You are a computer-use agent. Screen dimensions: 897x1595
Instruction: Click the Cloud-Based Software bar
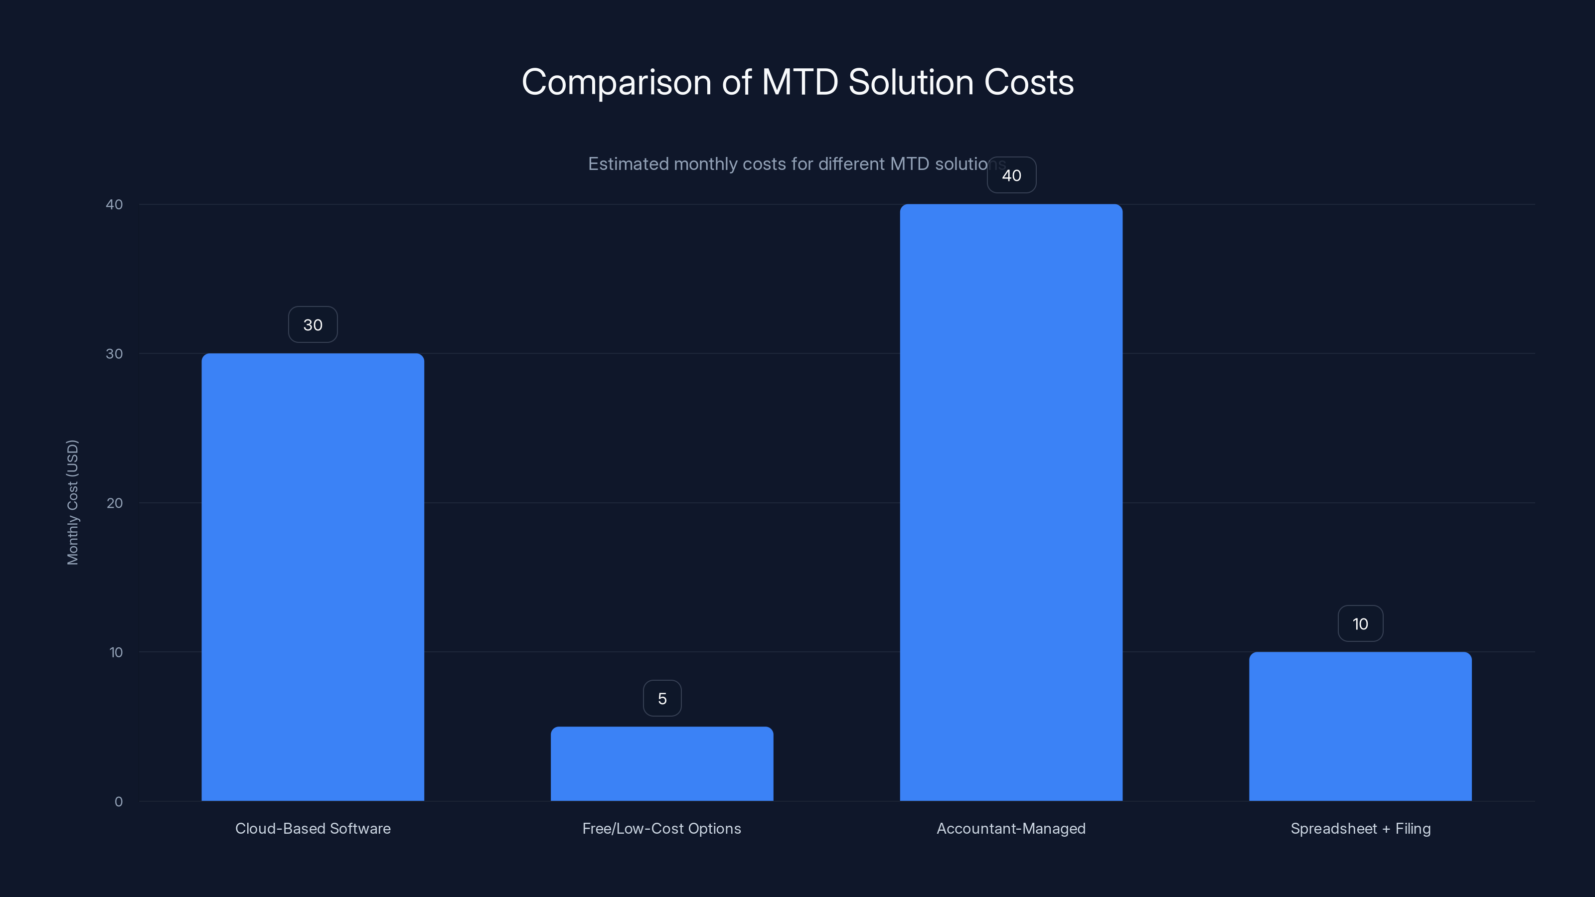coord(313,577)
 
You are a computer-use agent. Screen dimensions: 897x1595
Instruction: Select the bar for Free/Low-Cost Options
coord(662,763)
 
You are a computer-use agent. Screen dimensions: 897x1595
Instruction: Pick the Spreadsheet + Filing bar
coord(1360,726)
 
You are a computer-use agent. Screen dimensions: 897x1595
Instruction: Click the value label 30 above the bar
coord(313,325)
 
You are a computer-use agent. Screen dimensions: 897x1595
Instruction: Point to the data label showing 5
coord(662,699)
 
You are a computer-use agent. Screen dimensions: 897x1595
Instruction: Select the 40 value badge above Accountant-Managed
coord(1011,176)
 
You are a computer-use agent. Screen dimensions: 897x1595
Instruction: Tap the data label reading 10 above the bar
coord(1360,624)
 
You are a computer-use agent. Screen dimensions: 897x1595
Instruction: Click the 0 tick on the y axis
coord(118,802)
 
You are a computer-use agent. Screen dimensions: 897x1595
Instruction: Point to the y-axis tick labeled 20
coord(115,503)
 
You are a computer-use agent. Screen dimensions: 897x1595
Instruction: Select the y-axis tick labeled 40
coord(115,205)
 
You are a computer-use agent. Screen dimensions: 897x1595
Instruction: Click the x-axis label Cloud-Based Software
coord(313,829)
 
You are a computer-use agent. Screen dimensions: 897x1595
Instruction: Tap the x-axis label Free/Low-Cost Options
coord(662,829)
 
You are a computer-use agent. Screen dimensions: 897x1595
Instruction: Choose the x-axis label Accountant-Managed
coord(1011,829)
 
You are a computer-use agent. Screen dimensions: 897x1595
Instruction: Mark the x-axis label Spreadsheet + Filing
coord(1360,829)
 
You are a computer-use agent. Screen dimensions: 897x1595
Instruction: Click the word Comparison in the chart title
coord(616,83)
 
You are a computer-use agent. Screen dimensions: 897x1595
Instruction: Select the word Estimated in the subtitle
coord(628,164)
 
